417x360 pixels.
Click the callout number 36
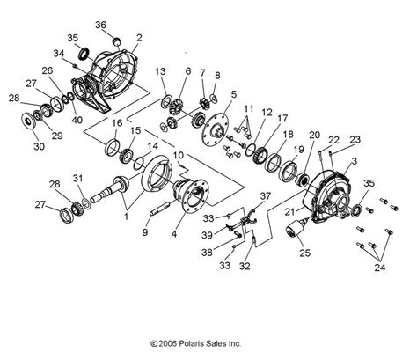click(x=100, y=25)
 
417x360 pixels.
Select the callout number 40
click(x=77, y=120)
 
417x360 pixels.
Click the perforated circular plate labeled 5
click(x=216, y=130)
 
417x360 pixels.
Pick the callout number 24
click(x=380, y=268)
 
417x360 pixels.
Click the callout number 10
click(x=179, y=155)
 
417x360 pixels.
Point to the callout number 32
click(x=245, y=266)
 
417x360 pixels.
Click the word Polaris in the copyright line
click(x=191, y=343)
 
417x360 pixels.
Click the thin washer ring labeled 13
click(x=166, y=101)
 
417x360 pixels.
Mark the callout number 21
click(x=290, y=212)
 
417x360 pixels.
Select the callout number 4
click(x=174, y=234)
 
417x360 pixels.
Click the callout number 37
click(x=266, y=196)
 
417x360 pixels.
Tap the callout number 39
click(x=207, y=235)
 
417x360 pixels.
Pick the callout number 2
click(x=139, y=38)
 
